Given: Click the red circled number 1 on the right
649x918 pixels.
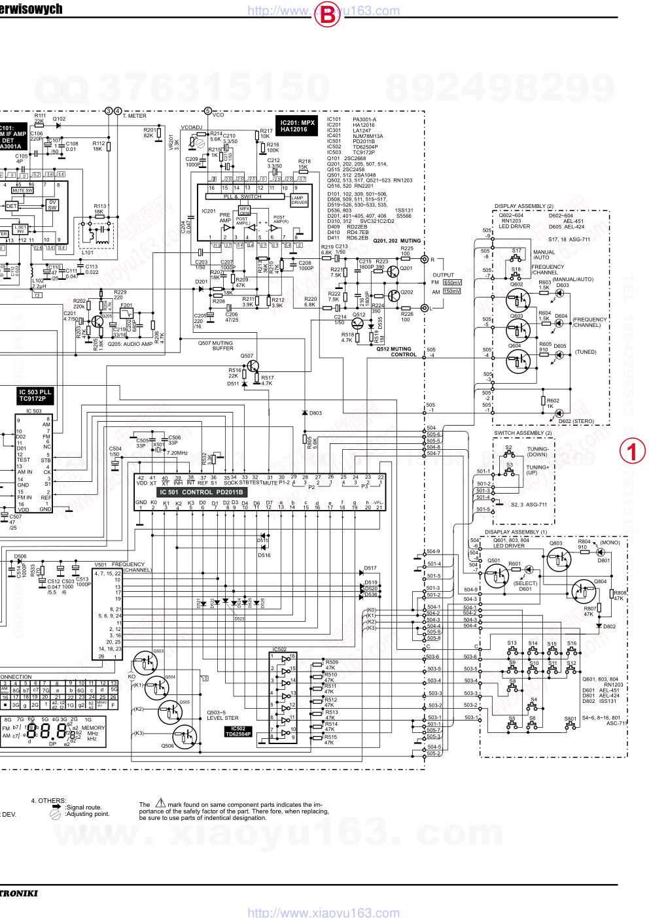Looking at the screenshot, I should pos(632,451).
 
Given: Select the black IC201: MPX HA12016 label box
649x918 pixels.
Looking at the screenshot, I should pos(298,126).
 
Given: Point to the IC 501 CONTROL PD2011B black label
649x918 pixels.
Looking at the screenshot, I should pos(201,492).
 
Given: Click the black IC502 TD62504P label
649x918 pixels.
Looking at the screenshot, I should pos(238,731).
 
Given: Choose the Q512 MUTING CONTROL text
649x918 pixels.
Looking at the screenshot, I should pos(396,352).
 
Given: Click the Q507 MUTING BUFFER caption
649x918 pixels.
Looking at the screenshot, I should pos(215,346).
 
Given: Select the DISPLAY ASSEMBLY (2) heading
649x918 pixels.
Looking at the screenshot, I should pos(523,207).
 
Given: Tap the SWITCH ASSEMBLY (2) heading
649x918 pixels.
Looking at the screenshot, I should pos(523,433).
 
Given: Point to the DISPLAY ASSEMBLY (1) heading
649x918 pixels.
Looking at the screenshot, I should pos(516,532).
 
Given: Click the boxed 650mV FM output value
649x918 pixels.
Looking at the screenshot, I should pos(452,282).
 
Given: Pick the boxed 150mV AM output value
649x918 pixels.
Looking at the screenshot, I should pos(452,292).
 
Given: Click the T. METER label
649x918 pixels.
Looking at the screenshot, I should pos(135,116).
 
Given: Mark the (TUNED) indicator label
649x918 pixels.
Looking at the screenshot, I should pos(586,352).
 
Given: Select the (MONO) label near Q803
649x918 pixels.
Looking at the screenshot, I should pos(610,543).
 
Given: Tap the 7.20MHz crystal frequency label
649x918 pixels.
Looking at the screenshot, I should pos(177,452).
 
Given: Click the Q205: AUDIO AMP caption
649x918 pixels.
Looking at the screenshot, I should pos(130,344).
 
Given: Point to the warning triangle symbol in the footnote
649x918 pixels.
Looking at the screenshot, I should pos(160,803).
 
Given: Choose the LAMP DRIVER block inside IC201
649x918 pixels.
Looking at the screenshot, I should pos(299,200).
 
